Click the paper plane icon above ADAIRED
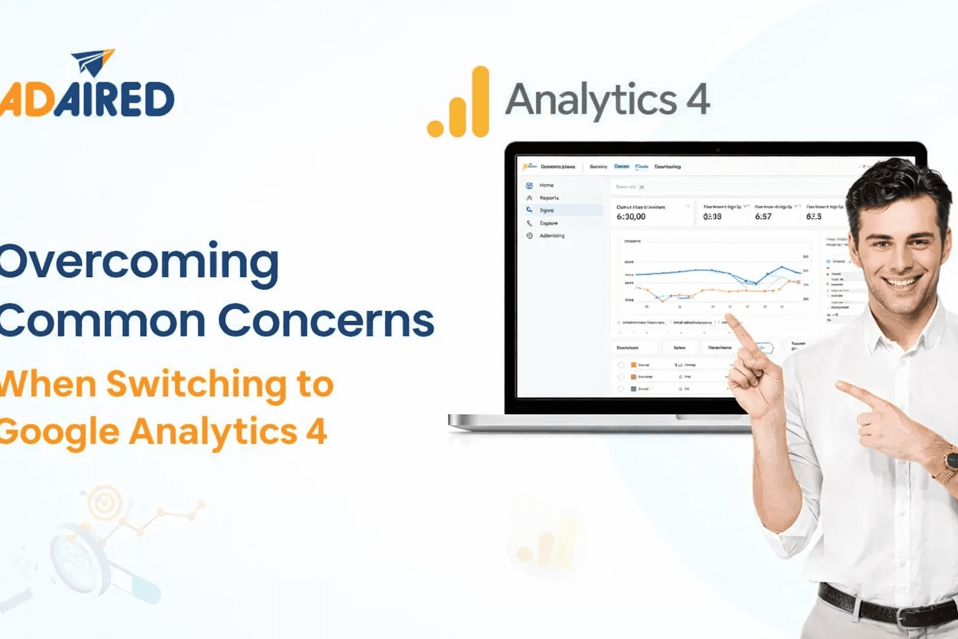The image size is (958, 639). pyautogui.click(x=94, y=62)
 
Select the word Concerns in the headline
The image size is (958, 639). pyautogui.click(x=325, y=321)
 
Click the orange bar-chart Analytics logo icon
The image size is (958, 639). pyautogui.click(x=459, y=103)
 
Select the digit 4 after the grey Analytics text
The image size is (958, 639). pyautogui.click(x=698, y=100)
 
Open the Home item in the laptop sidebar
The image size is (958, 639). pyautogui.click(x=546, y=185)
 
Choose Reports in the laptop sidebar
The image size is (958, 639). pyautogui.click(x=549, y=198)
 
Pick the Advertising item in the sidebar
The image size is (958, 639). pyautogui.click(x=551, y=236)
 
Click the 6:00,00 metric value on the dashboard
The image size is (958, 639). pyautogui.click(x=631, y=217)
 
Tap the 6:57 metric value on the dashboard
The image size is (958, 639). pyautogui.click(x=763, y=217)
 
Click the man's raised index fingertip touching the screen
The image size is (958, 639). pyautogui.click(x=729, y=319)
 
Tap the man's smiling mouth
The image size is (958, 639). pyautogui.click(x=902, y=283)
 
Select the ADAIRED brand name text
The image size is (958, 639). pyautogui.click(x=87, y=100)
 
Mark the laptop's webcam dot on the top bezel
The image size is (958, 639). pyautogui.click(x=717, y=150)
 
